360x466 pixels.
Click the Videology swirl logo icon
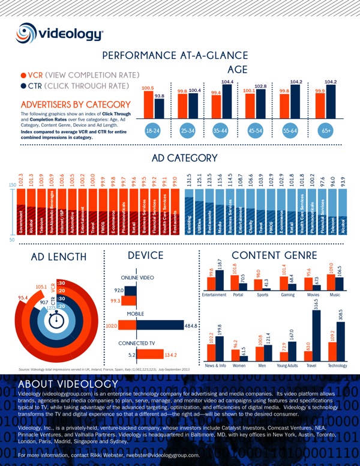[30, 34]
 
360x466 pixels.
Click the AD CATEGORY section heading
[184, 158]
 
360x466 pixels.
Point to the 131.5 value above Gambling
[191, 182]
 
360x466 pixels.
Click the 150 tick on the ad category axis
[11, 185]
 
